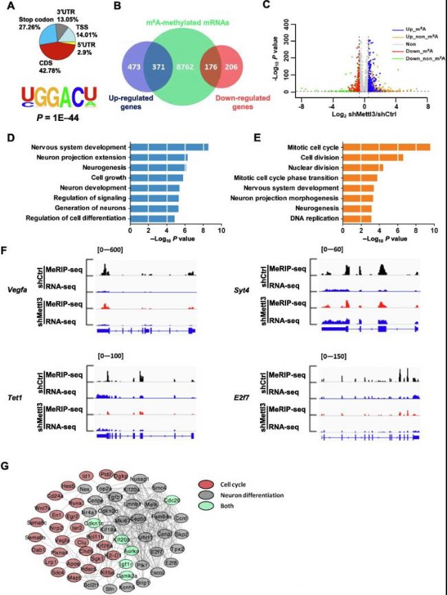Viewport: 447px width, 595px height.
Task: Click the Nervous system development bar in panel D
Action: tap(168, 146)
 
